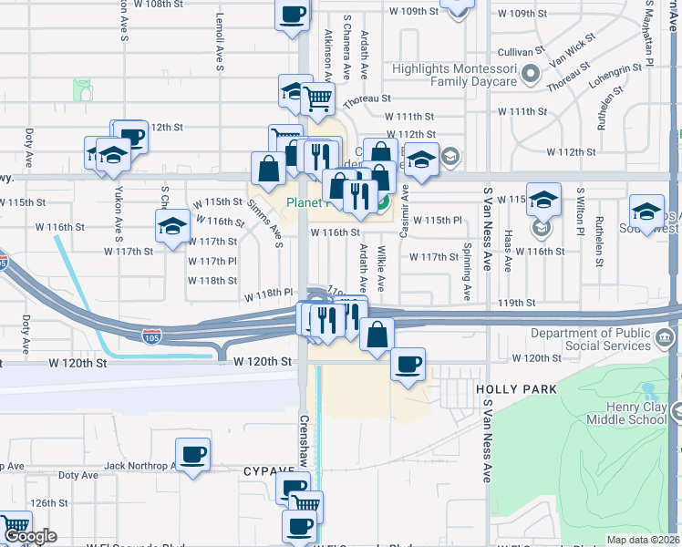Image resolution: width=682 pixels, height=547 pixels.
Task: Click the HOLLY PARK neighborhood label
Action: pyautogui.click(x=515, y=389)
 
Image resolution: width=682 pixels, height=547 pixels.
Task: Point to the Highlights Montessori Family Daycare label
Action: pyautogui.click(x=454, y=75)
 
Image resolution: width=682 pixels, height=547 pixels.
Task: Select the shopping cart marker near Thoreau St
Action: pyautogui.click(x=318, y=99)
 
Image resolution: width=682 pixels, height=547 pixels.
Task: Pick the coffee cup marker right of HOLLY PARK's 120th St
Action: pyautogui.click(x=408, y=366)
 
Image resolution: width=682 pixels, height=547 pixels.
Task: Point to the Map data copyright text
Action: pyautogui.click(x=644, y=540)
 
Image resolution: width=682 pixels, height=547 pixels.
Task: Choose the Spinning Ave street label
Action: pyautogui.click(x=466, y=272)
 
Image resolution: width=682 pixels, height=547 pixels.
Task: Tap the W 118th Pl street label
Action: pyautogui.click(x=267, y=294)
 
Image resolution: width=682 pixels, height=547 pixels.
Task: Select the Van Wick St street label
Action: pyautogui.click(x=572, y=51)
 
